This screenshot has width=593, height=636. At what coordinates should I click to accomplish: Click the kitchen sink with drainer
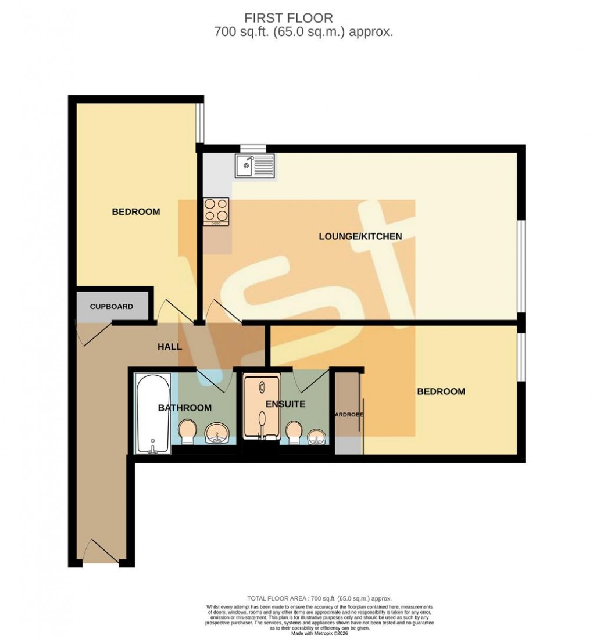click(254, 166)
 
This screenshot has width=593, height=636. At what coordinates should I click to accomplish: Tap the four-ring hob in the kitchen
click(216, 211)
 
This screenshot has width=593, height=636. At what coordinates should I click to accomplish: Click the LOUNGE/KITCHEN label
click(360, 236)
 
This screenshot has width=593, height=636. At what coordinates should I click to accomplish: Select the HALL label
click(170, 347)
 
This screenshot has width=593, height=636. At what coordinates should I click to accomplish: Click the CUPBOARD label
click(111, 307)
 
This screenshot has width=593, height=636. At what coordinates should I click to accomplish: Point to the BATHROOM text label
click(185, 408)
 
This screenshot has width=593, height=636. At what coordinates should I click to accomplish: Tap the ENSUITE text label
click(285, 404)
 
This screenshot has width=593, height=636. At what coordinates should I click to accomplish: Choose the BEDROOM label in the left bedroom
click(135, 212)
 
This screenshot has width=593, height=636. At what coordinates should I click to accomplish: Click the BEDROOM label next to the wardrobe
click(441, 391)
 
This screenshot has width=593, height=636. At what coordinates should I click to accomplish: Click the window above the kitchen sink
click(253, 148)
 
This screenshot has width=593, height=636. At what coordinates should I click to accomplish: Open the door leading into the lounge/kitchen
click(224, 311)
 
